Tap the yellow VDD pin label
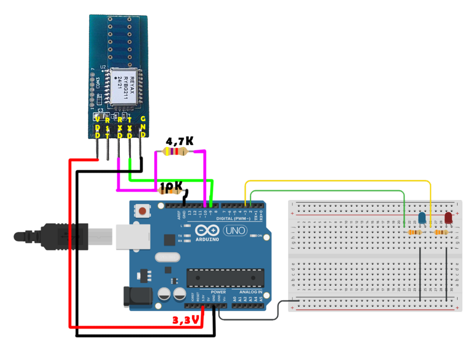(98, 127)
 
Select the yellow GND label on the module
(143, 127)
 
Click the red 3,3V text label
(185, 320)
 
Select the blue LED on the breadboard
(422, 218)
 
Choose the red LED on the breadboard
(448, 218)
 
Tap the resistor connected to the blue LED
(414, 232)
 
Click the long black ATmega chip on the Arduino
(225, 278)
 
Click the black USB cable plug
(65, 236)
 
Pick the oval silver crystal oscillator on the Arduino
(167, 257)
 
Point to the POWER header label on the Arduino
(218, 292)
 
